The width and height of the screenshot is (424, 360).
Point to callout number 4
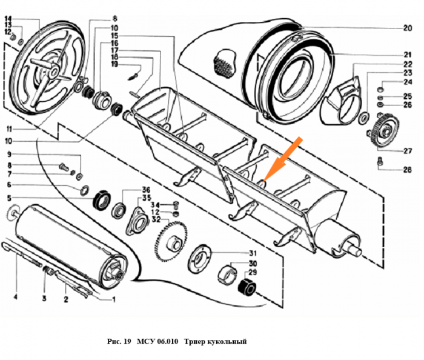[x=16, y=298]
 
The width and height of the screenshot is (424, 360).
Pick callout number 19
[x=114, y=64]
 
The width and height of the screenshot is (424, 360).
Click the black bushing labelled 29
[x=247, y=286]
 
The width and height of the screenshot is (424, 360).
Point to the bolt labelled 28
[x=379, y=162]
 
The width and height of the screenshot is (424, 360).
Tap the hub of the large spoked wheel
[x=56, y=72]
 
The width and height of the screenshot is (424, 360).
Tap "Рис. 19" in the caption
[x=119, y=342]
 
